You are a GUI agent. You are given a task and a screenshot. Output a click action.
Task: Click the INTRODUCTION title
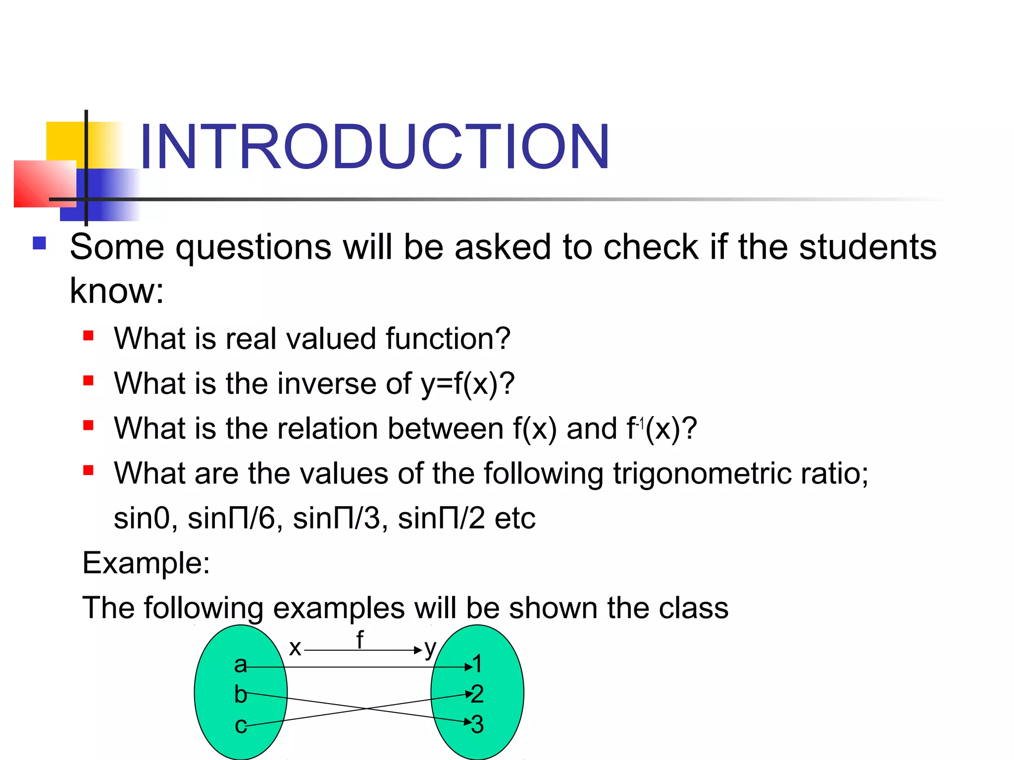(x=374, y=147)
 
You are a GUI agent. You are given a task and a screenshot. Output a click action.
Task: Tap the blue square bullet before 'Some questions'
(x=40, y=243)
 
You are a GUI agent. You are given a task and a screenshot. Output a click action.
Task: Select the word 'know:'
(x=117, y=291)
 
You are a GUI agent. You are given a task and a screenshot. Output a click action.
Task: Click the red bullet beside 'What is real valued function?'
(x=89, y=336)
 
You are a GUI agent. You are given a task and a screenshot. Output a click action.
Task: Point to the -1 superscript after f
(x=640, y=424)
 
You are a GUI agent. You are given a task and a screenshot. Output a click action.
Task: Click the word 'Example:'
(x=146, y=563)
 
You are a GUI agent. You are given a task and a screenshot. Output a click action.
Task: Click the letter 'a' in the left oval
(x=240, y=665)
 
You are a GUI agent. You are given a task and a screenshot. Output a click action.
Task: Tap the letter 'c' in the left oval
(x=240, y=725)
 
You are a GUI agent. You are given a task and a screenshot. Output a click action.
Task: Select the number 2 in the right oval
(x=477, y=694)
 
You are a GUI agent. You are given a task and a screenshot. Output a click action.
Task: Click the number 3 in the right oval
(x=477, y=724)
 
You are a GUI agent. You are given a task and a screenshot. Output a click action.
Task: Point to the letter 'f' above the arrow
(x=360, y=640)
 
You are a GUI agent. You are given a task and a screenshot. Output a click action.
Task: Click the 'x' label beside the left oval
(x=295, y=648)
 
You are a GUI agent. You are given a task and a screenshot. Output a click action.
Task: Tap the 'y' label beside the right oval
(x=430, y=648)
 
